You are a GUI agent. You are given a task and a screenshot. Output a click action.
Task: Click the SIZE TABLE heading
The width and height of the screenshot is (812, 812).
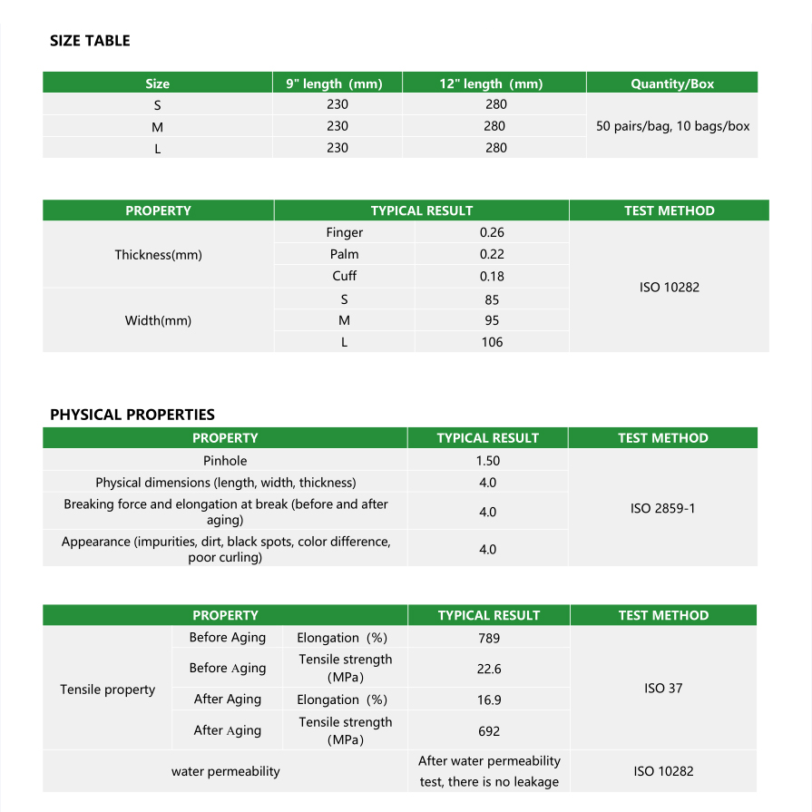90,41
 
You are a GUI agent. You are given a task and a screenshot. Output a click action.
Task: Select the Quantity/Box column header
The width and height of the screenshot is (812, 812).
672,83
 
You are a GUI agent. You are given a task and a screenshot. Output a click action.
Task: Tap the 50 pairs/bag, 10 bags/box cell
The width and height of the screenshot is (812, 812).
672,126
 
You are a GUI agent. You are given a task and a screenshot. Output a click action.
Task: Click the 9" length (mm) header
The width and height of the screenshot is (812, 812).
334,83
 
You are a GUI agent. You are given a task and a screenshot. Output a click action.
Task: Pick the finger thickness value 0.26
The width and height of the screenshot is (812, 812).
492,233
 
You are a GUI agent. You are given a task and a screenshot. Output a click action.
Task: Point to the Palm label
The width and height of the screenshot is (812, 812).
344,255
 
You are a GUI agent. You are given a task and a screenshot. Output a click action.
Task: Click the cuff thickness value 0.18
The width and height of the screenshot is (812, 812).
492,277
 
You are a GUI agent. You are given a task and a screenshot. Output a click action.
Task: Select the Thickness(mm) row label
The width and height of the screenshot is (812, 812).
158,255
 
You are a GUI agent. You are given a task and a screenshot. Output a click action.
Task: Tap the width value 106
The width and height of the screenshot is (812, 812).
492,342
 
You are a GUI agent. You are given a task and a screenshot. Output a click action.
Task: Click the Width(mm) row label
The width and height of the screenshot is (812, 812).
158,320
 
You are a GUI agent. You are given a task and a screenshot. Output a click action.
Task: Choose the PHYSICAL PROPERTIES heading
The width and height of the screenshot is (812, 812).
132,415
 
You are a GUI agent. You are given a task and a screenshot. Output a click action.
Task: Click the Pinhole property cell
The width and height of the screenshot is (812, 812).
225,461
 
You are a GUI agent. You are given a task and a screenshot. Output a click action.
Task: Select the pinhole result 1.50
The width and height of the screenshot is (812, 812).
488,461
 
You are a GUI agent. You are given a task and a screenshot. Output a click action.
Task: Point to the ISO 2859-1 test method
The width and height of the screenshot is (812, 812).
662,508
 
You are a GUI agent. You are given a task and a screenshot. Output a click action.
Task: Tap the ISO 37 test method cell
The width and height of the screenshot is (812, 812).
662,689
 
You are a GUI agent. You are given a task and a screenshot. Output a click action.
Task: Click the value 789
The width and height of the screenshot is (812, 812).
489,639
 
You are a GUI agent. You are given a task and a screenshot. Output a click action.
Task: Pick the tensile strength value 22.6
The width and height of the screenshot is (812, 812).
489,669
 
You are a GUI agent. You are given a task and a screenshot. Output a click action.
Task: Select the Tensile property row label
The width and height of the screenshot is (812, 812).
108,690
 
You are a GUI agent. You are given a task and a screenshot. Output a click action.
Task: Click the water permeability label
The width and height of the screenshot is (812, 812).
225,771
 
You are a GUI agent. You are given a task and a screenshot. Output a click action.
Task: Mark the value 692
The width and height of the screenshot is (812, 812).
489,730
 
